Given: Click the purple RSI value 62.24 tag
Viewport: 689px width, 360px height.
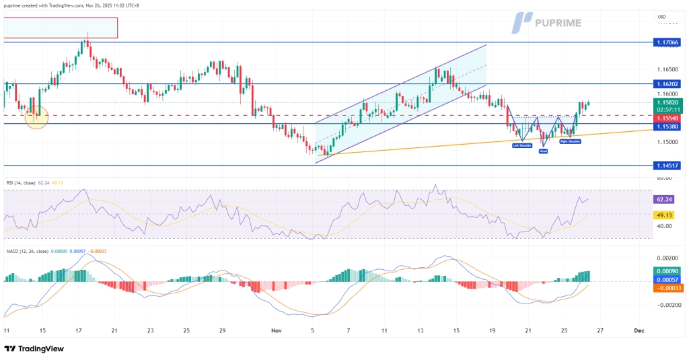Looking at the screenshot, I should coord(666,199).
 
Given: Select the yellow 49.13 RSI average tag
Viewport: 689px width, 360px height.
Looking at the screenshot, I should coord(666,215).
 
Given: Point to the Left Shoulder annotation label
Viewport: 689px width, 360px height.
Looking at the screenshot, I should coord(521,145).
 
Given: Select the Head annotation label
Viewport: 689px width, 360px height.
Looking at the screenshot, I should coord(543,151).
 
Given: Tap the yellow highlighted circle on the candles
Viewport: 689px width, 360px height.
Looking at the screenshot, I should coord(36,116).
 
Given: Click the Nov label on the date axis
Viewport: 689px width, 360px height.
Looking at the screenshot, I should coord(276,331).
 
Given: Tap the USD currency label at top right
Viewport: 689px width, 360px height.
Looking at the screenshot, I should coord(661,17).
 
